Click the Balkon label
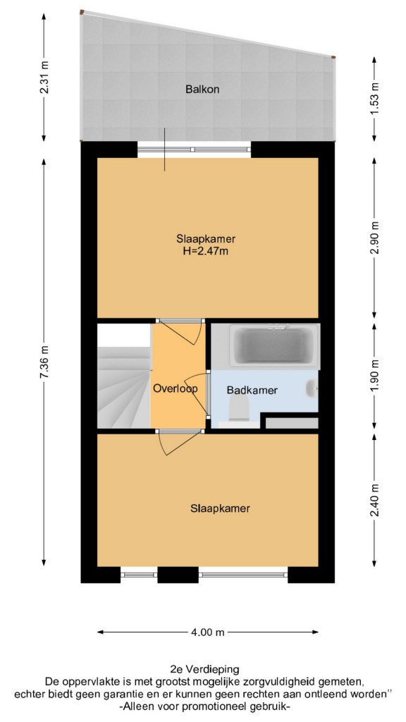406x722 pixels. click(202, 90)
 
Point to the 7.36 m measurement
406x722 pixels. click(44, 362)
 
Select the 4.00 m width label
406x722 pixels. click(208, 632)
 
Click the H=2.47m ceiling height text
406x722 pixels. click(206, 251)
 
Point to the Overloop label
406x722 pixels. click(176, 388)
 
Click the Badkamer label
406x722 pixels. click(252, 391)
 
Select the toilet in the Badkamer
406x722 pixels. click(239, 409)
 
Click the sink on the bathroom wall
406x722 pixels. click(312, 388)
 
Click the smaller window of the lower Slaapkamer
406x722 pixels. click(139, 574)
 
